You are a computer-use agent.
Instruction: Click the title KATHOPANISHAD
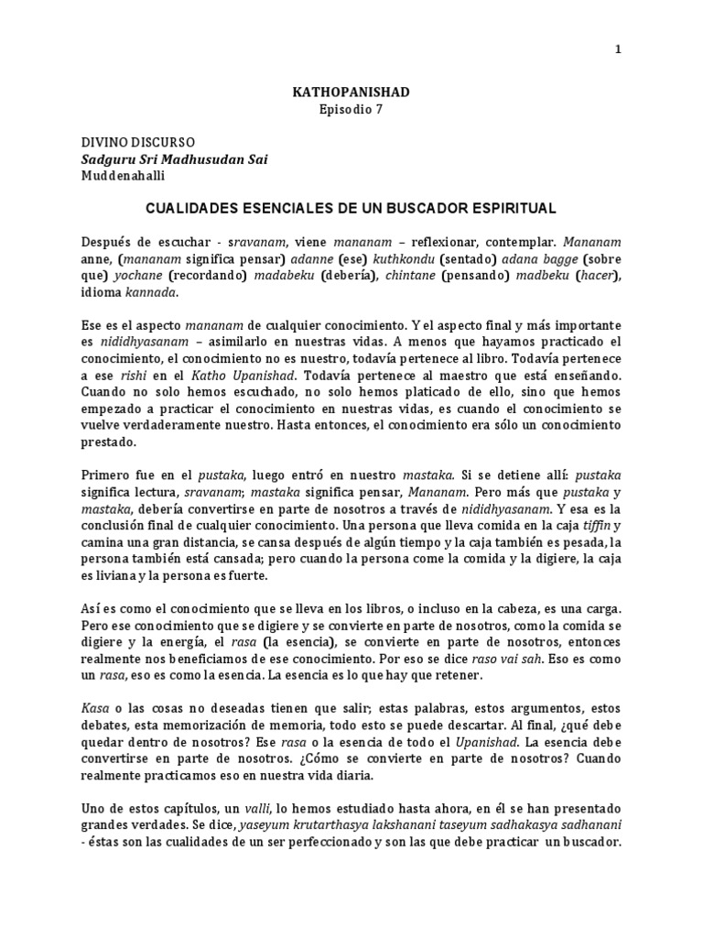[x=351, y=93]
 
